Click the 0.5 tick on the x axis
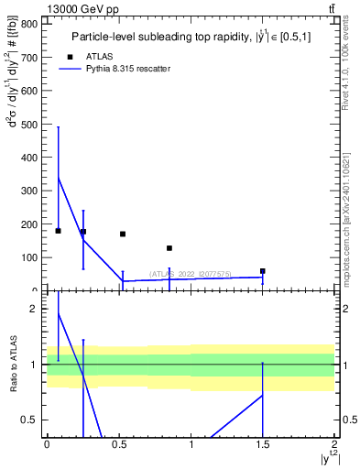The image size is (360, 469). [118, 445]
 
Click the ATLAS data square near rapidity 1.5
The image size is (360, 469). [263, 271]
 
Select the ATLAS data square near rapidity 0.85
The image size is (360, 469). [169, 248]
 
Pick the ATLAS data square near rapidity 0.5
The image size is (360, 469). [123, 234]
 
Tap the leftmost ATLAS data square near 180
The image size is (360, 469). [58, 231]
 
